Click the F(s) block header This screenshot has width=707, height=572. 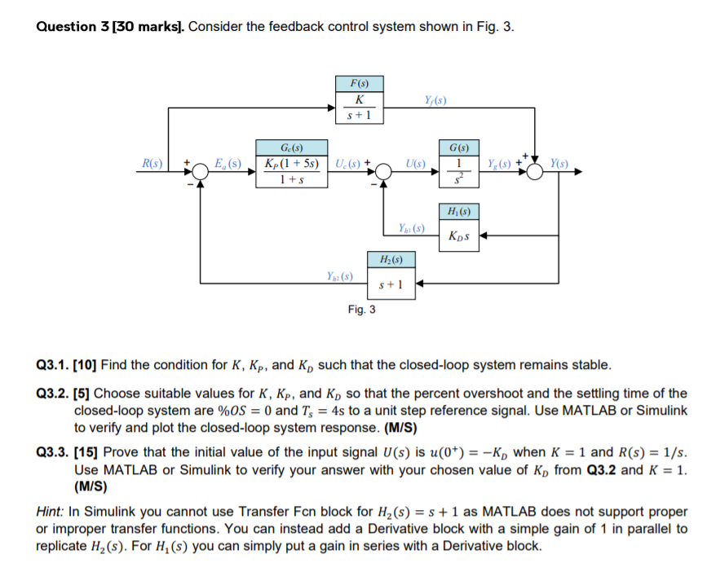click(x=358, y=83)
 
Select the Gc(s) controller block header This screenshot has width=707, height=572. click(x=291, y=147)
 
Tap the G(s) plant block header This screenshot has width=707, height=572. click(x=458, y=147)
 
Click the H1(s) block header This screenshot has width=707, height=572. click(x=458, y=213)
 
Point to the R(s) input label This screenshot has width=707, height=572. click(x=152, y=164)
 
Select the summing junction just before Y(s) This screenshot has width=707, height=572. click(x=535, y=172)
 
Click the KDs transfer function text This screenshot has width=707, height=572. click(x=458, y=237)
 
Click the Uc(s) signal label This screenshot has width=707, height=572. click(x=348, y=164)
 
